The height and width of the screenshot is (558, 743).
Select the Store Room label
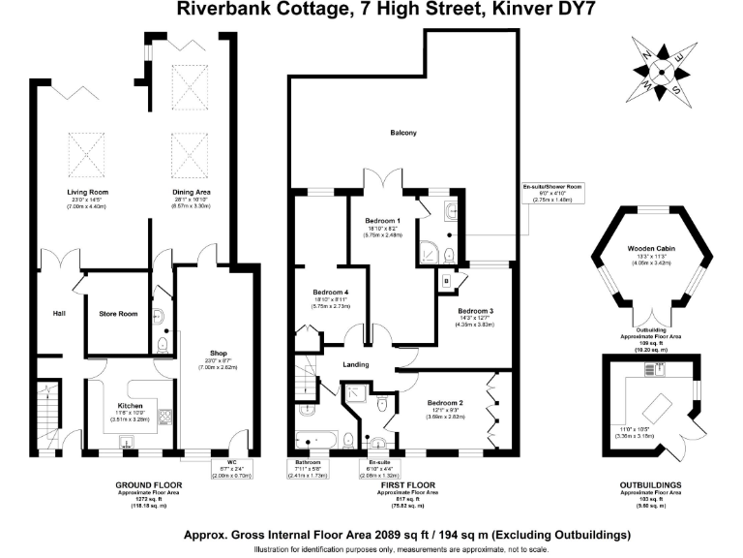click(x=118, y=313)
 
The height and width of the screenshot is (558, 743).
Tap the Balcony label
click(x=403, y=133)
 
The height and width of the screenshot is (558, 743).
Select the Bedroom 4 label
click(x=330, y=292)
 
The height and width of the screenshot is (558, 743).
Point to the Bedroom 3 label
click(x=476, y=310)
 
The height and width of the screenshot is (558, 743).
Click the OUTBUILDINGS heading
click(x=650, y=485)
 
